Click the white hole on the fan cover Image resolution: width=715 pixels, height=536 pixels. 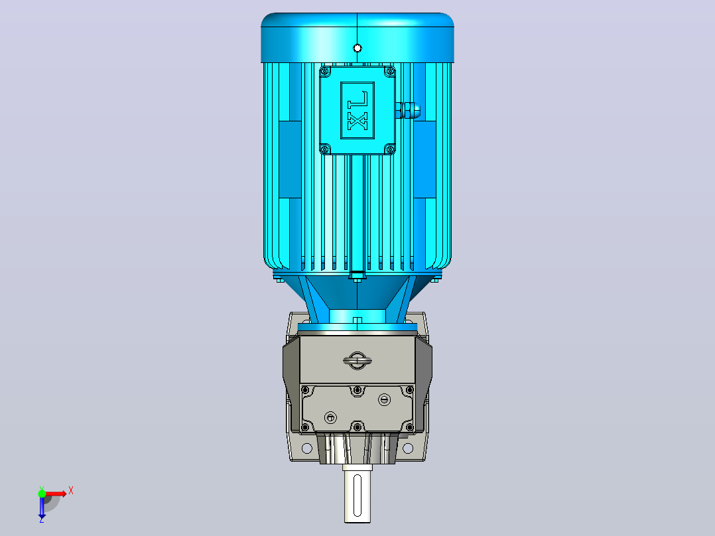coord(357,48)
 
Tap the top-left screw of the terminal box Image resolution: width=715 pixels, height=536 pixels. coord(325,71)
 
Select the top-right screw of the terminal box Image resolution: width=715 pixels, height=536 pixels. coord(390,71)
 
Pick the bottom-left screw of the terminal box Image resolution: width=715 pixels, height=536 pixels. coord(325,149)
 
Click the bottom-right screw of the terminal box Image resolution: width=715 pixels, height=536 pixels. coord(390,149)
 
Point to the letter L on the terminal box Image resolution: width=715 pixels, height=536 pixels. coord(357,99)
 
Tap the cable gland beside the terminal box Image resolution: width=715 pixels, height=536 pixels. coord(408,110)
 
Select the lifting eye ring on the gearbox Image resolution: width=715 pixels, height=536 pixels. coord(357,360)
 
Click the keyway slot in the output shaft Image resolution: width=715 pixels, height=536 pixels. coord(357,495)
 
